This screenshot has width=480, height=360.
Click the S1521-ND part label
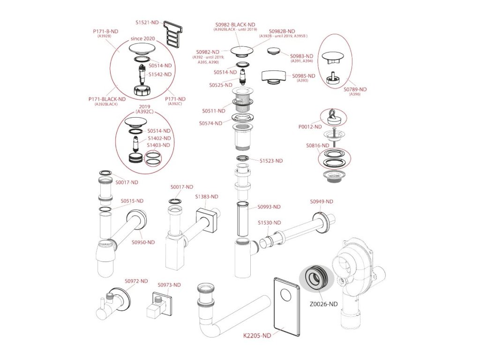[147, 22]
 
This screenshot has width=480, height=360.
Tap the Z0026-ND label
[323, 304]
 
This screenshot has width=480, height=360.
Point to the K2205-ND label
[257, 336]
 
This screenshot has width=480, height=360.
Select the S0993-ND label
[269, 207]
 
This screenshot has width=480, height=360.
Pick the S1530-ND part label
[270, 222]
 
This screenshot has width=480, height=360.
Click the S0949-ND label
[322, 202]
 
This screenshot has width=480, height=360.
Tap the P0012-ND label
[310, 127]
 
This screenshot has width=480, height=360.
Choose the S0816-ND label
[317, 146]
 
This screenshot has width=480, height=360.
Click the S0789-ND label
[355, 89]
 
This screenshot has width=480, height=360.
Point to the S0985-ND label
[304, 75]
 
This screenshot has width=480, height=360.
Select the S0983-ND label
[302, 56]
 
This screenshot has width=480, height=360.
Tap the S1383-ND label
[207, 196]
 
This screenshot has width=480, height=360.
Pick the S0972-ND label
[136, 281]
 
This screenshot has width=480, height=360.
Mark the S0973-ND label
[169, 285]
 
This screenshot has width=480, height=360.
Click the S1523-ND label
[271, 161]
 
